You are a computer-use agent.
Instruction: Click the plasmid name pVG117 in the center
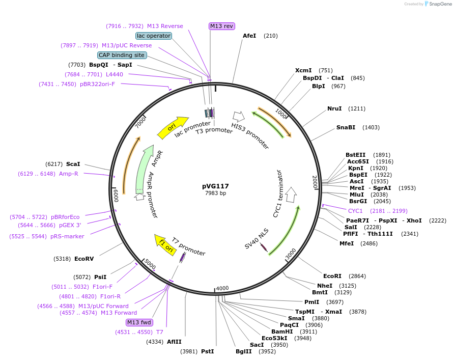pyautogui.click(x=215, y=186)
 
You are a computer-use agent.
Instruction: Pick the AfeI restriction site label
pyautogui.click(x=249, y=36)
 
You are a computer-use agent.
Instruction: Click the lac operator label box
pyautogui.click(x=154, y=36)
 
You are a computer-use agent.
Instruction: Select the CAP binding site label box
pyautogui.click(x=122, y=55)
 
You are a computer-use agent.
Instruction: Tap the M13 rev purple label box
pyautogui.click(x=222, y=26)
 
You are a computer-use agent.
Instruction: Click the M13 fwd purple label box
pyautogui.click(x=139, y=322)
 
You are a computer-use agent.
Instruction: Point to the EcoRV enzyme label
pyautogui.click(x=84, y=259)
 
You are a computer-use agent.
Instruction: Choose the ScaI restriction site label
pyautogui.click(x=73, y=164)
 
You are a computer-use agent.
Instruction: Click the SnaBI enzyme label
pyautogui.click(x=346, y=127)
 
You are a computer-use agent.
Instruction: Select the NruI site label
pyautogui.click(x=334, y=108)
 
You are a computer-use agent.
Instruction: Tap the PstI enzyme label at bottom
pyautogui.click(x=207, y=351)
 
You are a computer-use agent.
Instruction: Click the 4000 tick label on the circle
pyautogui.click(x=222, y=289)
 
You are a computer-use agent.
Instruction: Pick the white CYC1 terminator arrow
pyautogui.click(x=291, y=194)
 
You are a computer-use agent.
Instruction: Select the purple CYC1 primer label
pyautogui.click(x=355, y=211)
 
